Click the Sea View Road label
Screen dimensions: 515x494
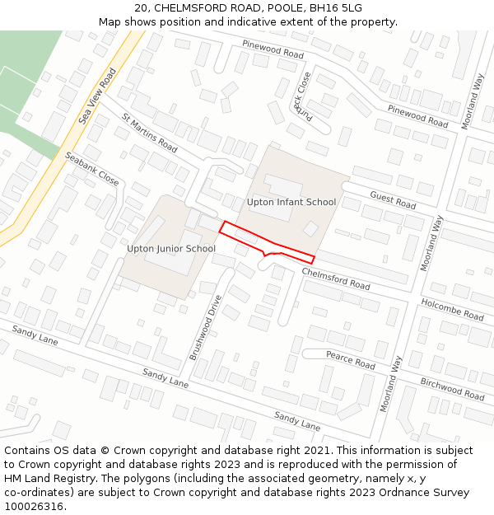coord(97,96)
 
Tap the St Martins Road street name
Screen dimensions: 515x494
coord(149,133)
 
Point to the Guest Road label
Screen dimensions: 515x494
coord(393,199)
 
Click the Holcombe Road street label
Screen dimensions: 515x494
coord(453,309)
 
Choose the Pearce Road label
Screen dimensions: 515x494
coord(350,360)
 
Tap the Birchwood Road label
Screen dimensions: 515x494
coord(452,389)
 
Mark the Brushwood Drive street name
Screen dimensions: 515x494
coord(206,327)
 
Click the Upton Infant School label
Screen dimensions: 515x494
coord(291,202)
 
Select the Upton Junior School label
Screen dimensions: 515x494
coord(171,248)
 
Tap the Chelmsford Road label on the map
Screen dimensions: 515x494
coord(336,279)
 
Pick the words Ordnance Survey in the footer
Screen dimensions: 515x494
coord(429,493)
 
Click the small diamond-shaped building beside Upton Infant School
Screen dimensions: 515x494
coord(310,228)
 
